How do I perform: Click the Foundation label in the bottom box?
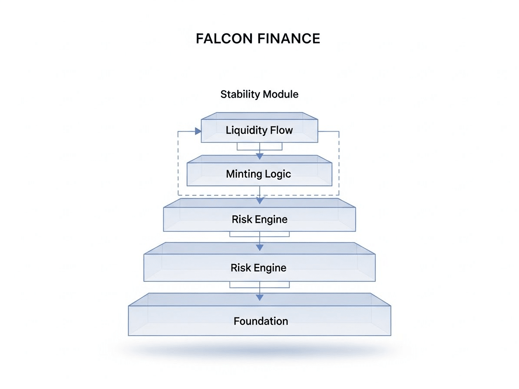261,321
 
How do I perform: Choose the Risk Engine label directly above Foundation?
258,267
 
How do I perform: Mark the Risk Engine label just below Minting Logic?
259,219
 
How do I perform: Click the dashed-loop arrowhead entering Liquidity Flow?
198,131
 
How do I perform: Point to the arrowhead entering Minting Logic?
259,156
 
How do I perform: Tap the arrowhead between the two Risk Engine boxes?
259,247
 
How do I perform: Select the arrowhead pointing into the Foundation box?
259,297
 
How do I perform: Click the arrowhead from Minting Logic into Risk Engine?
259,201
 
